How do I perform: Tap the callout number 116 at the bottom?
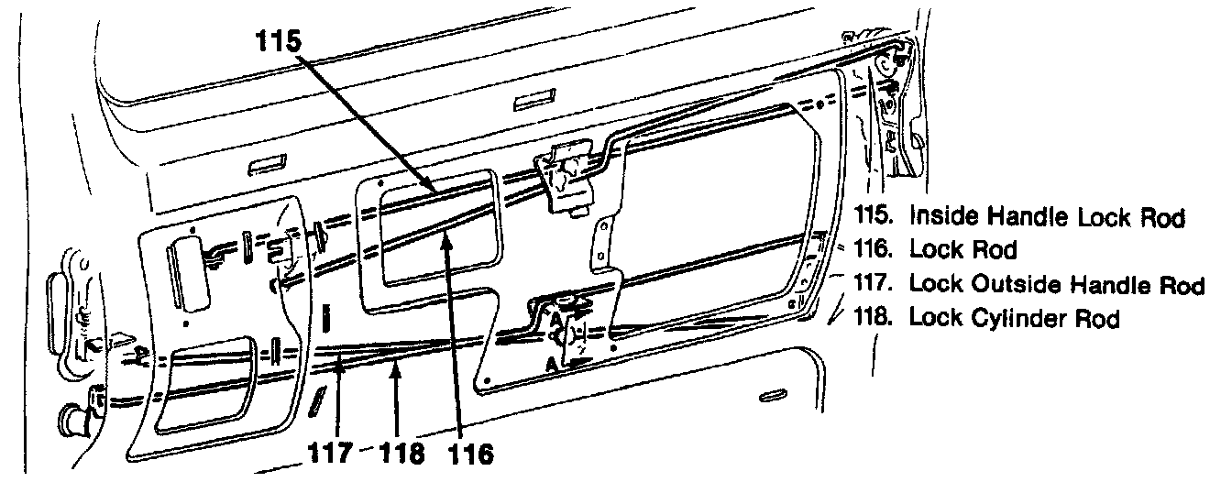(x=471, y=452)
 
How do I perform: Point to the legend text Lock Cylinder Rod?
(x=1014, y=318)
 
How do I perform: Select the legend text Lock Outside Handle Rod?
(x=1056, y=285)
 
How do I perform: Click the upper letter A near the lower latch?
(x=555, y=317)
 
